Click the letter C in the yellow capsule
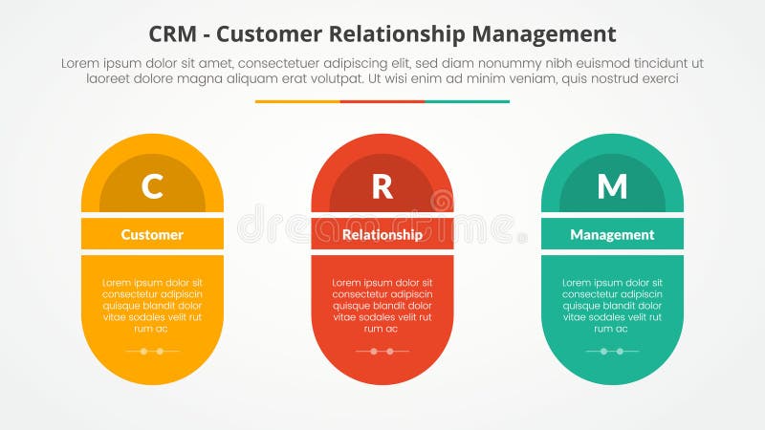pyautogui.click(x=152, y=186)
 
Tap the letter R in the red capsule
pyautogui.click(x=382, y=186)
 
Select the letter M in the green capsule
pyautogui.click(x=612, y=186)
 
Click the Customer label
pyautogui.click(x=152, y=234)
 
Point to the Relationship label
pyautogui.click(x=382, y=234)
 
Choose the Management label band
pyautogui.click(x=612, y=234)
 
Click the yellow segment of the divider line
pyautogui.click(x=297, y=101)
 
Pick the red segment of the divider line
pyautogui.click(x=382, y=101)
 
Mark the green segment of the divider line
pyautogui.click(x=467, y=101)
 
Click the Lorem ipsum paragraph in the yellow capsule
pyautogui.click(x=152, y=305)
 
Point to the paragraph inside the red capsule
pyautogui.click(x=382, y=305)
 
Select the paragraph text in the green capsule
pyautogui.click(x=612, y=305)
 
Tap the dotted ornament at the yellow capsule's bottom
pyautogui.click(x=152, y=351)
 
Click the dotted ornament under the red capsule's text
pyautogui.click(x=382, y=351)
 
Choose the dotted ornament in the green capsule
pyautogui.click(x=612, y=351)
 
